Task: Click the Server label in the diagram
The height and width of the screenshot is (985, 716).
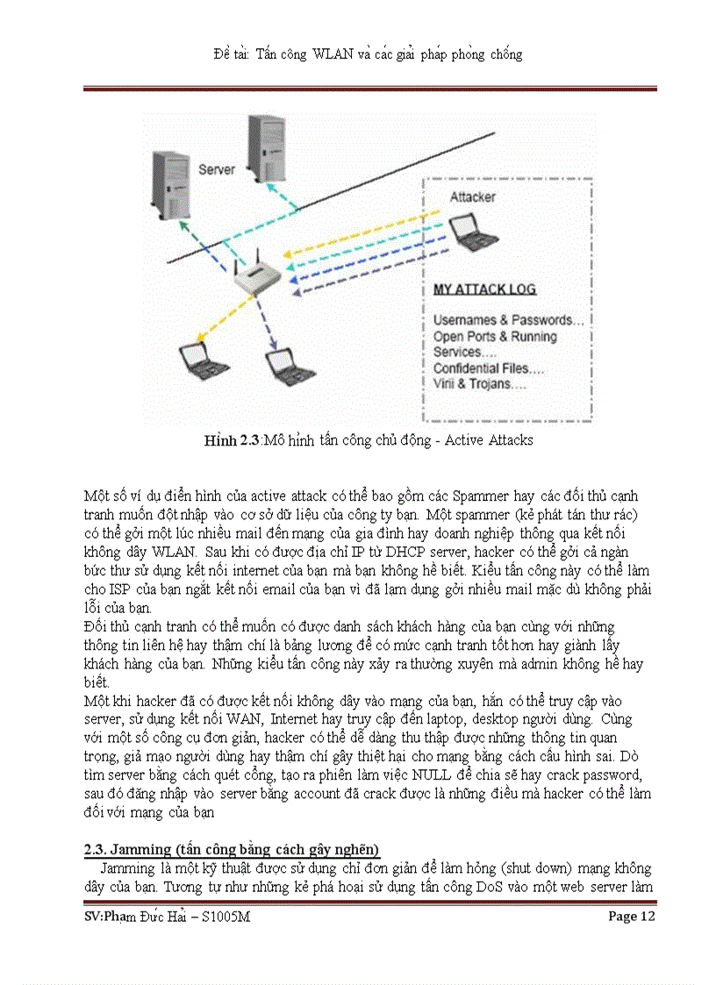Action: (216, 168)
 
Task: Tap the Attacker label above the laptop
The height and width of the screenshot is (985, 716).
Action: (472, 197)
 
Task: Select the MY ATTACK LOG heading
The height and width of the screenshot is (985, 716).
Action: (484, 289)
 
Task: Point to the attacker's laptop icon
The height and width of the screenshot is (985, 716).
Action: (473, 232)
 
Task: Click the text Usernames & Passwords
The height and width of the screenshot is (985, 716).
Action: (508, 320)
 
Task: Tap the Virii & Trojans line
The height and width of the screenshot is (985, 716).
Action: (479, 384)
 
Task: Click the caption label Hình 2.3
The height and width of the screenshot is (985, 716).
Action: (232, 440)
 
